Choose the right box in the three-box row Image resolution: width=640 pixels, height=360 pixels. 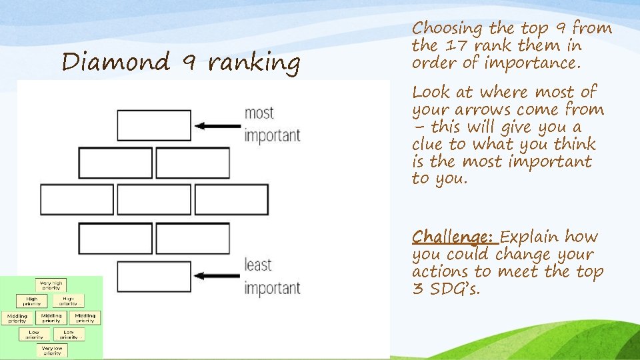pyautogui.click(x=232, y=199)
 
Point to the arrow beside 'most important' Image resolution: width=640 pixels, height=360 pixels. pyautogui.click(x=216, y=125)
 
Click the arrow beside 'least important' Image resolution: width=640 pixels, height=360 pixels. pyautogui.click(x=216, y=274)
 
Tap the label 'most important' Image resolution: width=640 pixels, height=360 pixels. pyautogui.click(x=272, y=125)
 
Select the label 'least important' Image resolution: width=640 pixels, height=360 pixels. pyautogui.click(x=272, y=276)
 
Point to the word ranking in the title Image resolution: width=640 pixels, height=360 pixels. pyautogui.click(x=253, y=63)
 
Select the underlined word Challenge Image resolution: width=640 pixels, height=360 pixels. pyautogui.click(x=453, y=237)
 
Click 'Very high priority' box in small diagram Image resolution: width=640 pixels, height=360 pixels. pyautogui.click(x=51, y=284)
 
